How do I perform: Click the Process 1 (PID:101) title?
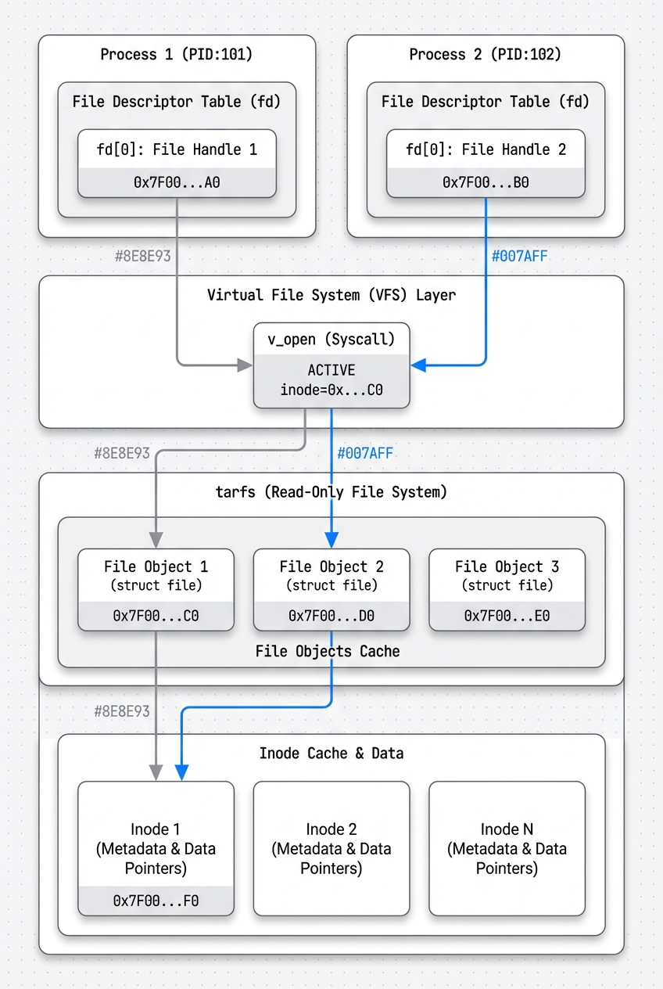pyautogui.click(x=176, y=55)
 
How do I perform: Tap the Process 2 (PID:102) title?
pyautogui.click(x=485, y=55)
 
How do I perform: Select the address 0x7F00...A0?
pyautogui.click(x=177, y=183)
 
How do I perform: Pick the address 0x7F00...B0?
pyautogui.click(x=486, y=183)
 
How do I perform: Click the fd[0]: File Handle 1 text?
pyautogui.click(x=177, y=149)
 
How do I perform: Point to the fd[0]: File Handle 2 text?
pyautogui.click(x=486, y=149)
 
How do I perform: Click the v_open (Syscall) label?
pyautogui.click(x=331, y=340)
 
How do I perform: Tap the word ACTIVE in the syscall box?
pyautogui.click(x=331, y=369)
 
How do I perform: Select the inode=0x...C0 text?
pyautogui.click(x=331, y=390)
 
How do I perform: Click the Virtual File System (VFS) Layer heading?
pyautogui.click(x=331, y=295)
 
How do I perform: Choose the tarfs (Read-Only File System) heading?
pyautogui.click(x=331, y=492)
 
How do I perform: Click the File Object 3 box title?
pyautogui.click(x=507, y=566)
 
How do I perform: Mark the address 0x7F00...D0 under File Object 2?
pyautogui.click(x=331, y=616)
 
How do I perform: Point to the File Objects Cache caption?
pyautogui.click(x=328, y=651)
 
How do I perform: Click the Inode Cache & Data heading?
pyautogui.click(x=331, y=753)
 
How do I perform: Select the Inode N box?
pyautogui.click(x=507, y=848)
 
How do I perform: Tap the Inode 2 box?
pyautogui.click(x=331, y=848)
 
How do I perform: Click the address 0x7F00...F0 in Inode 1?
pyautogui.click(x=156, y=901)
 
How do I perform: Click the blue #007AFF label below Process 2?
pyautogui.click(x=519, y=256)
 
